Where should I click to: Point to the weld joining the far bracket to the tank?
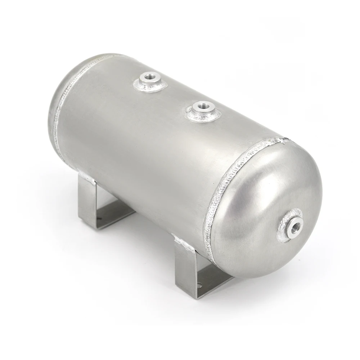point(85,177)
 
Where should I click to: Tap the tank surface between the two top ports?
point(173,95)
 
